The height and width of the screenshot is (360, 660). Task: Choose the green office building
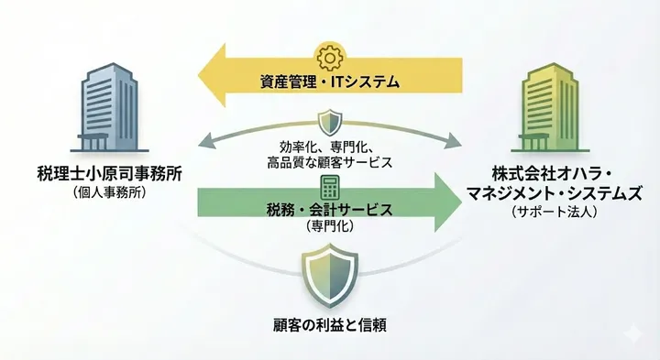tap(552, 105)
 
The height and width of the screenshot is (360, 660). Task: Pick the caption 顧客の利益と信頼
tap(329, 325)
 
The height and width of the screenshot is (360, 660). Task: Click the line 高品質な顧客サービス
tap(330, 161)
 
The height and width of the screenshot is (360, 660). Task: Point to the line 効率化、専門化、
tap(330, 147)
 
